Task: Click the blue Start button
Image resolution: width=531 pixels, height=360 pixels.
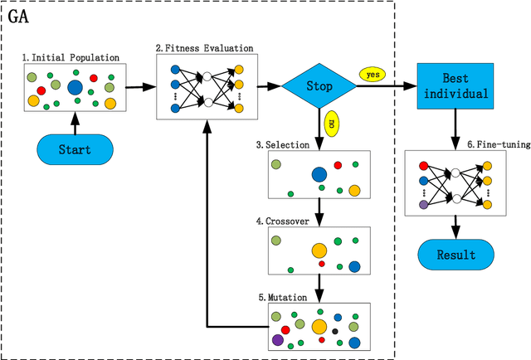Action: point(74,150)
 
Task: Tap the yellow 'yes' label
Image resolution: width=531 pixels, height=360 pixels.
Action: point(373,74)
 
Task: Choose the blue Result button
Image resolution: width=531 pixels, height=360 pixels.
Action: point(455,255)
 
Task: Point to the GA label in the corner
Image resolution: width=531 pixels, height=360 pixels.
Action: point(19,14)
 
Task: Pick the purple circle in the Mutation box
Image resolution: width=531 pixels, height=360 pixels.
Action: point(278,339)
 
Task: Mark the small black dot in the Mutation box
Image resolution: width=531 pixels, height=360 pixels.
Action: point(334,331)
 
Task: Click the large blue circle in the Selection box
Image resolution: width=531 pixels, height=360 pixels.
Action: point(319,175)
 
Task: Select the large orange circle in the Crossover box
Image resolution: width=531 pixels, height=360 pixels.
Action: point(319,250)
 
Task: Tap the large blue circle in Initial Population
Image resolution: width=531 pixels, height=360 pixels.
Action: point(75,88)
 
